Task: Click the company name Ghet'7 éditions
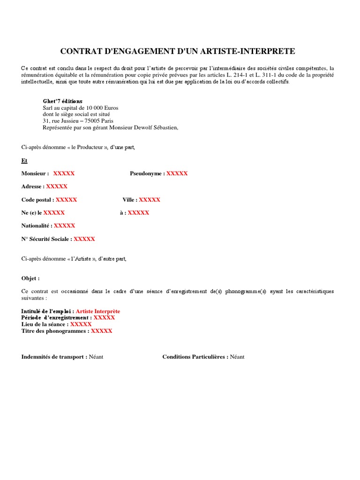(x=62, y=101)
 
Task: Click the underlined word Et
(x=24, y=161)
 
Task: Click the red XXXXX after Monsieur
(x=64, y=173)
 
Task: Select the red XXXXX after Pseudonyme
(x=177, y=173)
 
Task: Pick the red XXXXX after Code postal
(x=66, y=200)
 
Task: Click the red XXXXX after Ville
(x=150, y=200)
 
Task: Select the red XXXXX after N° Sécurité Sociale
(x=84, y=239)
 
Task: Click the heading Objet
(x=30, y=278)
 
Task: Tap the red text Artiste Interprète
(x=98, y=311)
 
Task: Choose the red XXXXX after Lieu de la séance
(x=81, y=324)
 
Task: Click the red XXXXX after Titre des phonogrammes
(x=101, y=331)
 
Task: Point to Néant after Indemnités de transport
(x=96, y=357)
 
